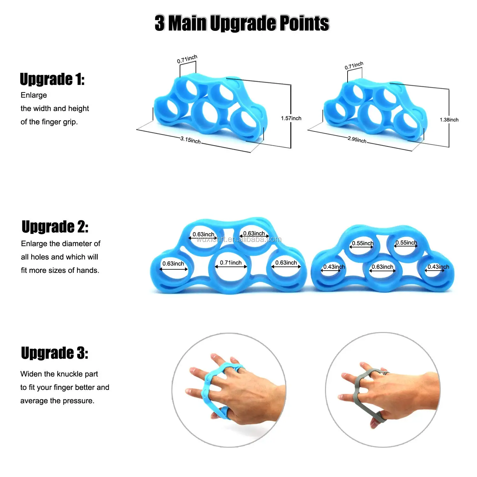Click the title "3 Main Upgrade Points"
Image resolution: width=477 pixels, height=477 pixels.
[x=242, y=23]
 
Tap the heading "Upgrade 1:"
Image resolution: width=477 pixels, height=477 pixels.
[x=52, y=79]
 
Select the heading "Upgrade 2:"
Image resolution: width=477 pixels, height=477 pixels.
[x=55, y=227]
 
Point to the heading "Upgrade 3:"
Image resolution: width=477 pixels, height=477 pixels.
[x=54, y=353]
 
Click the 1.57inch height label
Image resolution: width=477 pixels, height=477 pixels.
[x=291, y=118]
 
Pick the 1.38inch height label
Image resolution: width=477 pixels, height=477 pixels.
[x=449, y=120]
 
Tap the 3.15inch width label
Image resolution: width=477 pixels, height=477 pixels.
[x=190, y=140]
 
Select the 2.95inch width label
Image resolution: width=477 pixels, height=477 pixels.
[x=357, y=139]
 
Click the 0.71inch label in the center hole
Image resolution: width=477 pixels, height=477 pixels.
[x=231, y=263]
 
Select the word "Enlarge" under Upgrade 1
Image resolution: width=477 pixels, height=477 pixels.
[x=34, y=95]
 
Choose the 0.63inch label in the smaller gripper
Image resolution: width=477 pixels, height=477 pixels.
[x=382, y=267]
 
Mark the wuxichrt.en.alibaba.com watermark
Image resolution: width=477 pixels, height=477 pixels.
[x=238, y=239]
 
